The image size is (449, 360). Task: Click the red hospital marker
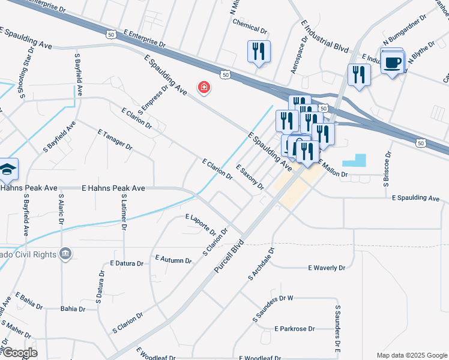(204, 88)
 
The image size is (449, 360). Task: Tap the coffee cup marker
(393, 62)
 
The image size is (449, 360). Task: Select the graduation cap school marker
(7, 170)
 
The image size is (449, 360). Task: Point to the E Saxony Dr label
(250, 176)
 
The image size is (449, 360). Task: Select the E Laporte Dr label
(200, 224)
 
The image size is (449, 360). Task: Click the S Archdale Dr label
(261, 265)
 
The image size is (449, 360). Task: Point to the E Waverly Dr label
(327, 268)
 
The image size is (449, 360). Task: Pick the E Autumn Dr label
(173, 259)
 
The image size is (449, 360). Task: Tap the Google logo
(19, 353)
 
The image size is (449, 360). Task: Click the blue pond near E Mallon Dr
(354, 160)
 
